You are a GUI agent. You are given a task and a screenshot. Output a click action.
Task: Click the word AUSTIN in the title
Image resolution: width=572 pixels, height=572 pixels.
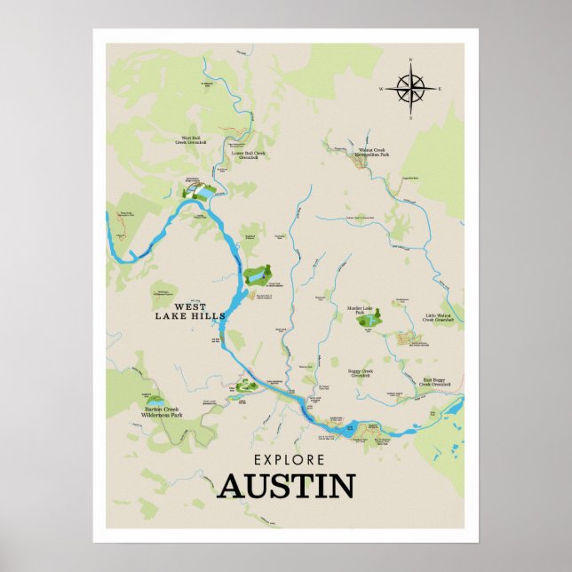286,487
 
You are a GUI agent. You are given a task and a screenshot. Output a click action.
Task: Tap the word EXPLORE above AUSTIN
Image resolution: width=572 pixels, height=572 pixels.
289,460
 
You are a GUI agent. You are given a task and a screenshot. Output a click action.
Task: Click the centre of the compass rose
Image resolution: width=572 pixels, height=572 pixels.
411,89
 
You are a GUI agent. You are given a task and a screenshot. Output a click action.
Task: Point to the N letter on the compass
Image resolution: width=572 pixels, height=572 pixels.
411,60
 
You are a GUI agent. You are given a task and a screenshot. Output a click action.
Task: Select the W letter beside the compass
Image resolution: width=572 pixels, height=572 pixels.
381,90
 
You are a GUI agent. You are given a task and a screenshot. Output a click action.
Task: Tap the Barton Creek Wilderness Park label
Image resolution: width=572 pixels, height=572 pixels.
163,413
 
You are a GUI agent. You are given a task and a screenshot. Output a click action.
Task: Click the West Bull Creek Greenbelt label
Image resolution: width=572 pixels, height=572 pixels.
194,139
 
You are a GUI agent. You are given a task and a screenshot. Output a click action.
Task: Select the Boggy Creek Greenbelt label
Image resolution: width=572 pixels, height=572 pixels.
365,373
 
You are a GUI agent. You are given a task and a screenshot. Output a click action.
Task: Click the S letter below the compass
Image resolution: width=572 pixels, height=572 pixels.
411,118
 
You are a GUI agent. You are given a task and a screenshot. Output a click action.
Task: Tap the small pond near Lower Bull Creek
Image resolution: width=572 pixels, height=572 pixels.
203,192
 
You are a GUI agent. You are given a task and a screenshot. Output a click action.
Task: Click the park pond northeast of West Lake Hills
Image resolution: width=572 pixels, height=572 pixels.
257,277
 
